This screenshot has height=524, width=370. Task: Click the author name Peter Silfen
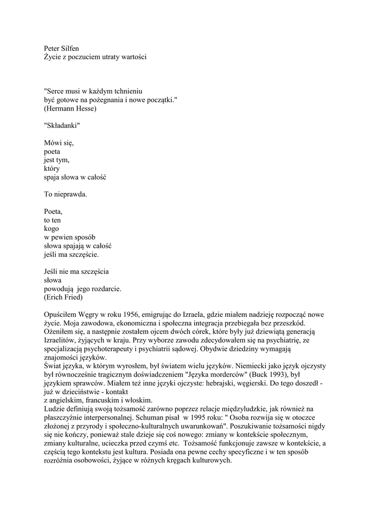coord(61,49)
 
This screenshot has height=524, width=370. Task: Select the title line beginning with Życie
coord(95,57)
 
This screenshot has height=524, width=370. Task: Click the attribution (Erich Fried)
coord(63,297)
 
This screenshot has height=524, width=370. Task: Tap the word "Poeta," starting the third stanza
coord(53,211)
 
